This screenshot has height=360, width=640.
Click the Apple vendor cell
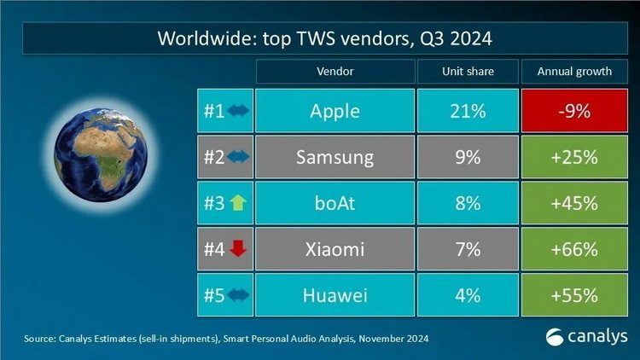(x=335, y=110)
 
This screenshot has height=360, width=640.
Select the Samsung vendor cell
(x=335, y=157)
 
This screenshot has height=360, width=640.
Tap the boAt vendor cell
(x=335, y=203)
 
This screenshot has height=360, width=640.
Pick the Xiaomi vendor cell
(x=335, y=249)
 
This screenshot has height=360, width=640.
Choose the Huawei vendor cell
(x=335, y=295)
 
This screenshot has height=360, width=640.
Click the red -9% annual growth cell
(x=573, y=110)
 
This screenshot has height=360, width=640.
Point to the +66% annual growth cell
(x=573, y=249)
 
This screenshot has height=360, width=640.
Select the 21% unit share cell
(x=468, y=110)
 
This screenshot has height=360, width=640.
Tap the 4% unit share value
(x=468, y=295)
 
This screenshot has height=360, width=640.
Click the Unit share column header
(x=468, y=72)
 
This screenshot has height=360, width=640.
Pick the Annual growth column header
(x=573, y=72)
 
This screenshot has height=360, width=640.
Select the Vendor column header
(x=335, y=72)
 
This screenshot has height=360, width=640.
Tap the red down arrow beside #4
(x=236, y=249)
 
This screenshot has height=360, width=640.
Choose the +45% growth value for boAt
(x=573, y=203)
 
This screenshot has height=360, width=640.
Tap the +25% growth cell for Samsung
(x=573, y=157)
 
